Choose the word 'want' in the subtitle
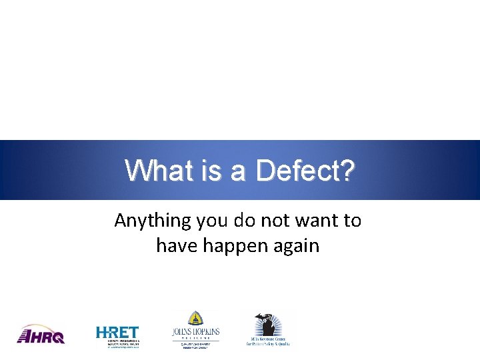[317, 221]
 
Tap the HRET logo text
[117, 332]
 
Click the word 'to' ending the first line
[352, 221]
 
